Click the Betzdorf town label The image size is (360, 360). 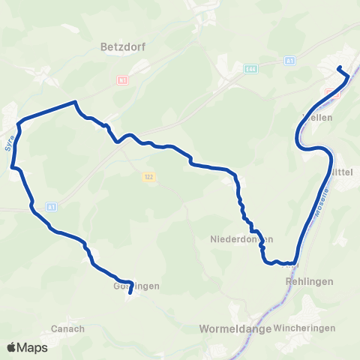(x=122, y=46)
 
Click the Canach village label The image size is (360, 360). (x=67, y=328)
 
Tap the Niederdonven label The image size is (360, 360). (x=240, y=239)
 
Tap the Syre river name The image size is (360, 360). (x=10, y=142)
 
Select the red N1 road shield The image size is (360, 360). (x=122, y=79)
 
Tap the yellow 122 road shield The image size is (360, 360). (x=149, y=176)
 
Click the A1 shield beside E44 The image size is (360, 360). (x=290, y=60)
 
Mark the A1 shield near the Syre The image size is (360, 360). (x=51, y=206)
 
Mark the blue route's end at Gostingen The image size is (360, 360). (x=130, y=293)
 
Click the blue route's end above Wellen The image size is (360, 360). (x=339, y=68)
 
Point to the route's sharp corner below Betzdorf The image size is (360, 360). (x=75, y=102)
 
